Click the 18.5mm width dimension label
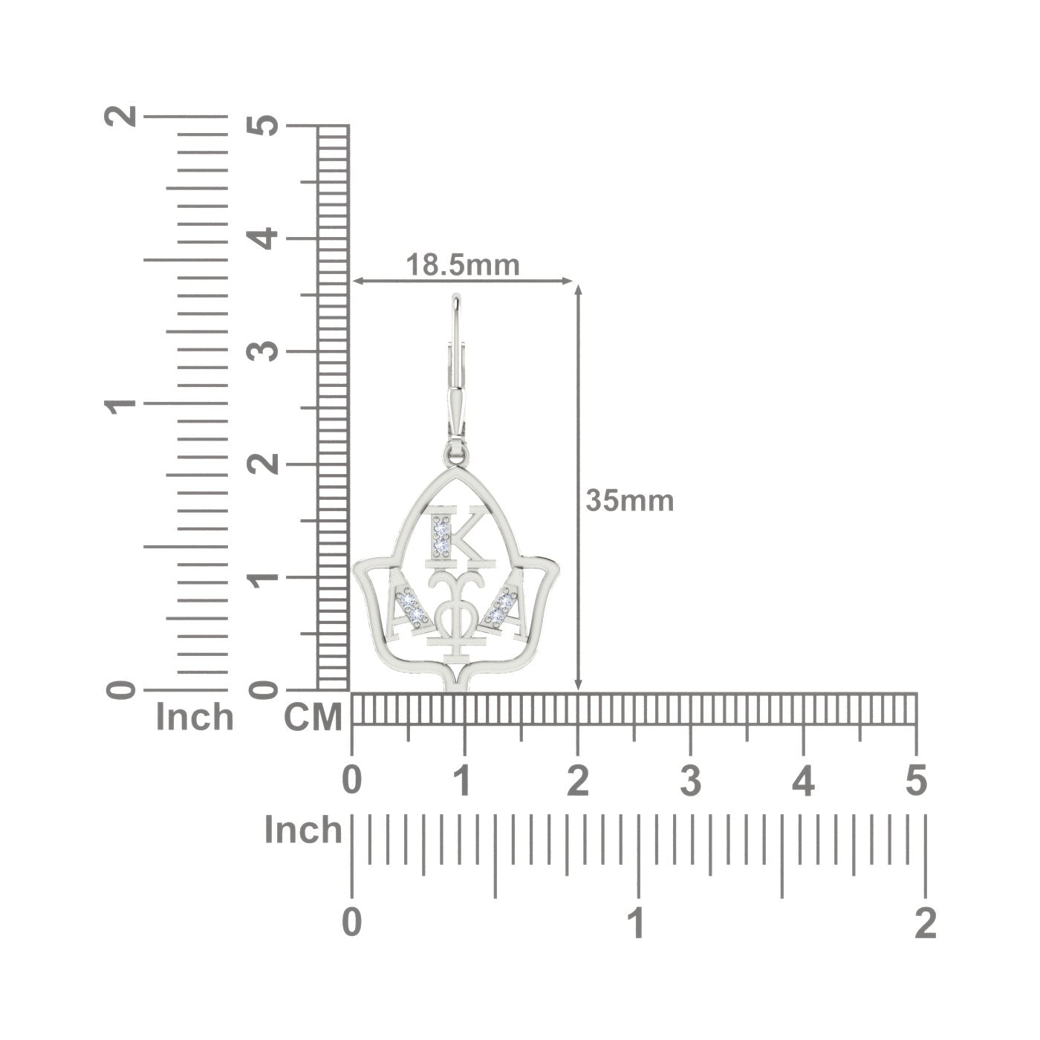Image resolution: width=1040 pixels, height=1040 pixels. click(463, 264)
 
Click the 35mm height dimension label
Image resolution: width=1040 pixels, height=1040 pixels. click(630, 501)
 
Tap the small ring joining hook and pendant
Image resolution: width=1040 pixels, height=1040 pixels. click(457, 455)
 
